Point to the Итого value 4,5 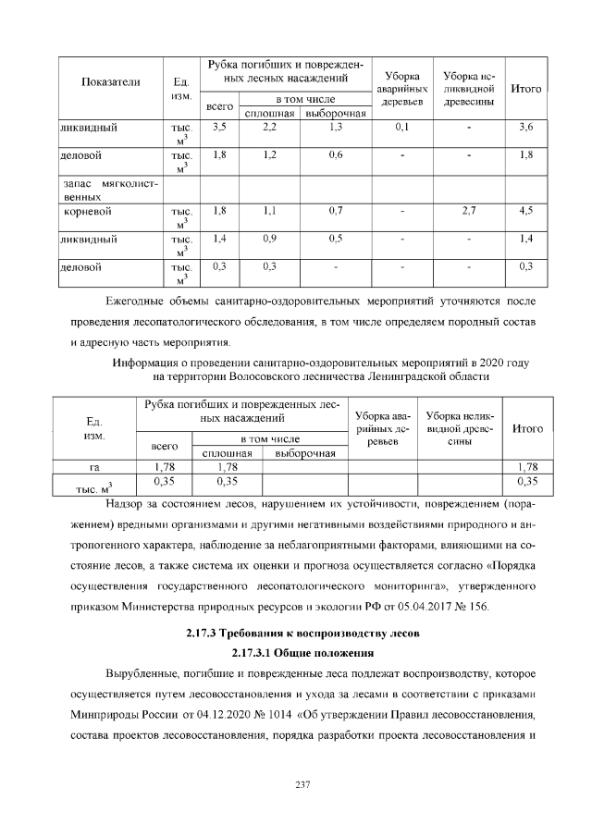point(526,211)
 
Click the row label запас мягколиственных point(103,191)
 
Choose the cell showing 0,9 point(269,239)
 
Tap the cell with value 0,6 point(336,154)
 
